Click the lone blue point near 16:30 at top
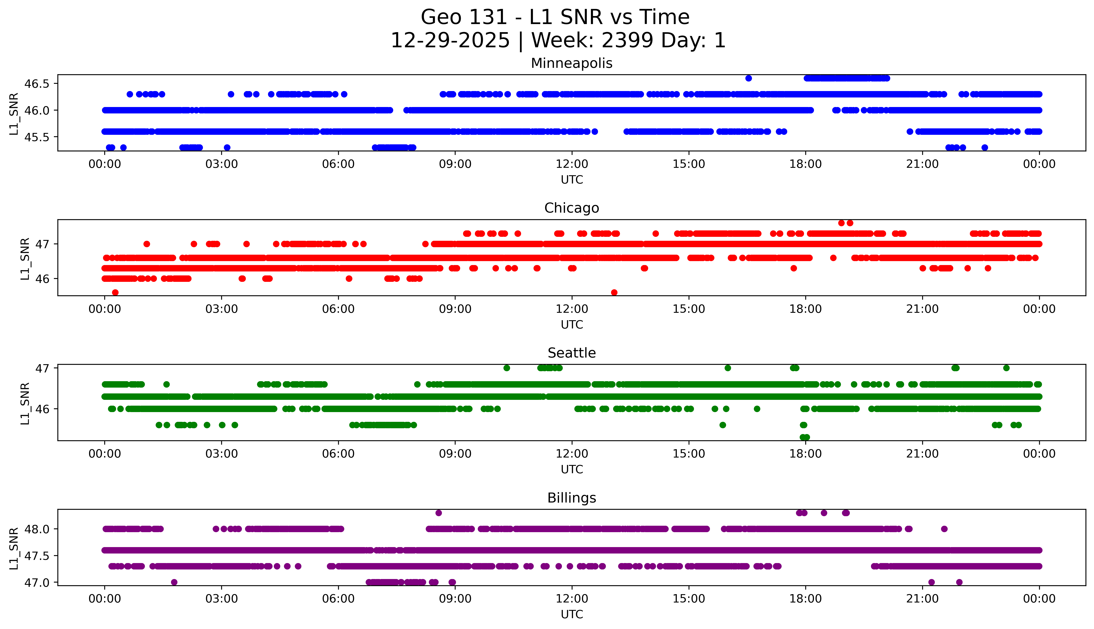coord(749,78)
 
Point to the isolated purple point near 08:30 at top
coord(439,513)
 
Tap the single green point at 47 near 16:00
coord(728,368)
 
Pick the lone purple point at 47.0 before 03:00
coord(174,582)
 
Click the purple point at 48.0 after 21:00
coord(944,529)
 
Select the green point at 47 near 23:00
coord(1006,368)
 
